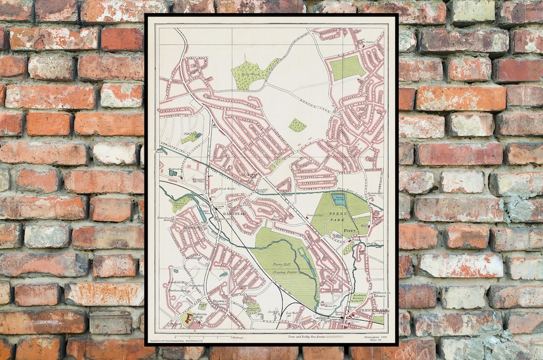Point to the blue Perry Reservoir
339,199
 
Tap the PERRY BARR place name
371,311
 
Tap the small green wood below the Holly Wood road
297,125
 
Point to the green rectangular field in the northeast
346,68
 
